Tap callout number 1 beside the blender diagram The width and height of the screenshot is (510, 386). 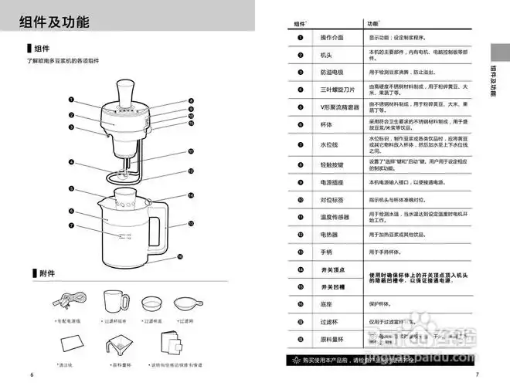click(x=70, y=99)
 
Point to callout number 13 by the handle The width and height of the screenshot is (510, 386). click(x=190, y=222)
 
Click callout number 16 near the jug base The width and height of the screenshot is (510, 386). click(x=179, y=256)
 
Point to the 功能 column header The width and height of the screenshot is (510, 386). click(x=375, y=24)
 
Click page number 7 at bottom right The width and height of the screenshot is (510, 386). click(x=478, y=374)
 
